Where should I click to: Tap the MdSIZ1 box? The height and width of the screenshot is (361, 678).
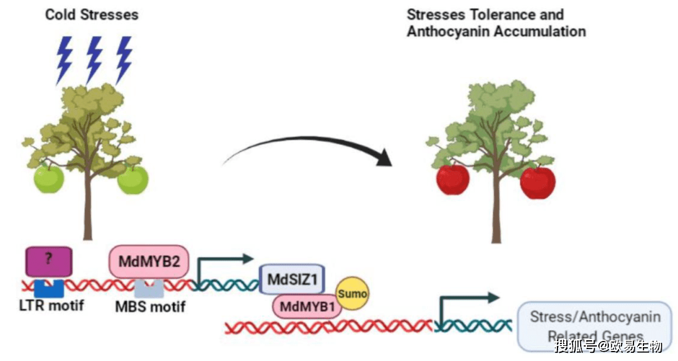(291, 279)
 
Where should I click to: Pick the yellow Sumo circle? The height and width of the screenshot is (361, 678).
(352, 294)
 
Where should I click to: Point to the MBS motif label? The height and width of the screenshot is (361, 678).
(149, 308)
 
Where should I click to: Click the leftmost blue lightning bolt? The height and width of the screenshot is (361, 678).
(64, 60)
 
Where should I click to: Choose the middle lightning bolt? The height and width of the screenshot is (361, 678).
(94, 58)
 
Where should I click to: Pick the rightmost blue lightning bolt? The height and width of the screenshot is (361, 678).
(124, 58)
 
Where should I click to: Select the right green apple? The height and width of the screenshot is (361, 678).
(132, 180)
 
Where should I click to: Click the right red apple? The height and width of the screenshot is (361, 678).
(537, 183)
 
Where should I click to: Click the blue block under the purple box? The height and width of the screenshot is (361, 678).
(48, 288)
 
